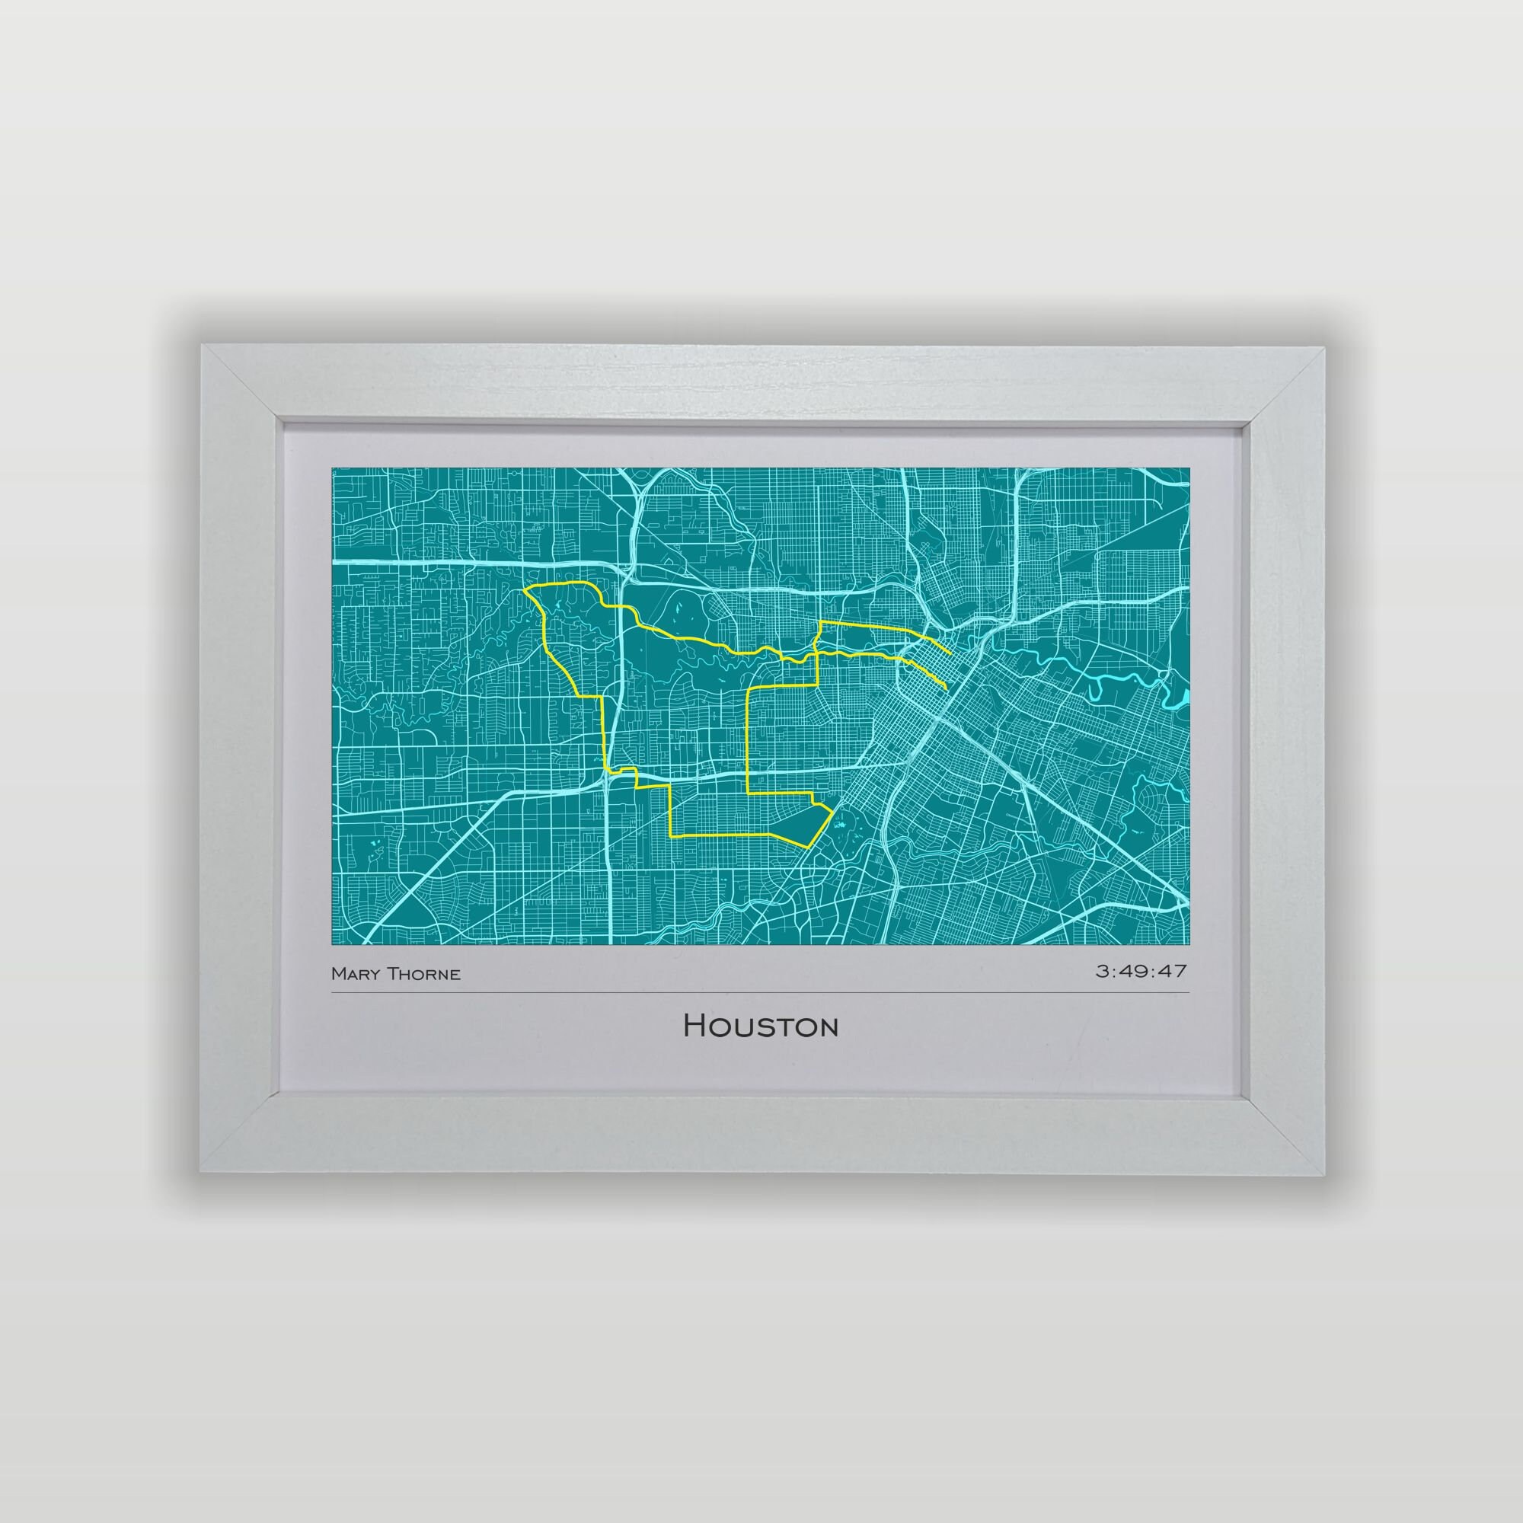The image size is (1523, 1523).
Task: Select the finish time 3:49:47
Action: click(x=1141, y=970)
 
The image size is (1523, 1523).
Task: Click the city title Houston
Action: click(x=761, y=1026)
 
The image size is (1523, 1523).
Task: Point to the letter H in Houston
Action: click(x=694, y=1026)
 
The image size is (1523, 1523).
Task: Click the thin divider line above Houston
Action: click(x=761, y=992)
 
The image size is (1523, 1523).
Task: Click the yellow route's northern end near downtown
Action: click(x=950, y=653)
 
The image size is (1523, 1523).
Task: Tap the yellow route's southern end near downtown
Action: click(x=946, y=688)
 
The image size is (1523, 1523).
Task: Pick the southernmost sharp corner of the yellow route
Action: click(x=806, y=847)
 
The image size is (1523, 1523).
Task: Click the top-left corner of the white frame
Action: click(x=202, y=345)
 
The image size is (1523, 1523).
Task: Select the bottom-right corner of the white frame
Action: click(x=1324, y=1174)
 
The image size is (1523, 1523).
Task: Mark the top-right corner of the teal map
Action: click(x=1189, y=468)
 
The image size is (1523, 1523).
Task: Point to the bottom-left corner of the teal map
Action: click(x=332, y=943)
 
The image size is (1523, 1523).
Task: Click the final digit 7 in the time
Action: click(x=1180, y=970)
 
